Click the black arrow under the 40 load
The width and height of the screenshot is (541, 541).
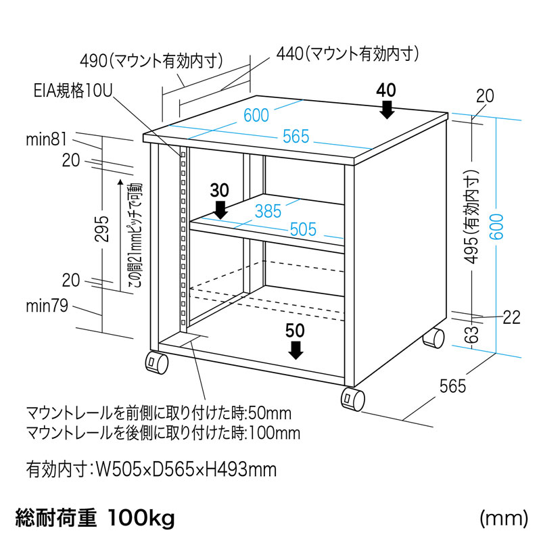tap(387, 109)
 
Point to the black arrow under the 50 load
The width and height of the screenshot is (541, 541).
tap(296, 350)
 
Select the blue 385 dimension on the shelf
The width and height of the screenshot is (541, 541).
tap(268, 210)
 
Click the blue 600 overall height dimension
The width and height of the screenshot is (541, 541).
tap(498, 234)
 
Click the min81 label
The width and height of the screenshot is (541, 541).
tap(47, 140)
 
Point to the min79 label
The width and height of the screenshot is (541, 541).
tap(47, 308)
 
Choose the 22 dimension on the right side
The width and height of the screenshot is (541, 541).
tap(512, 317)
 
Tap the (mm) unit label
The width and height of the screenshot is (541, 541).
tap(503, 519)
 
